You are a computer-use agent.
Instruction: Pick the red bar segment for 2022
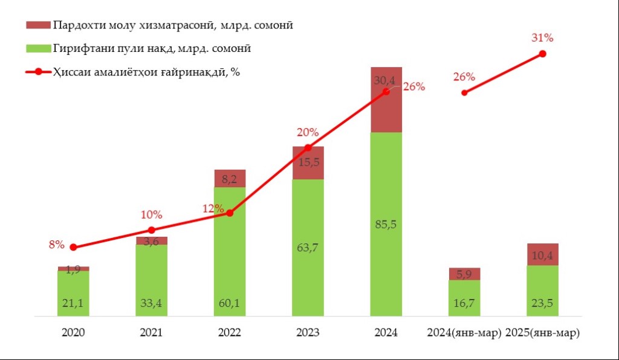(x=230, y=179)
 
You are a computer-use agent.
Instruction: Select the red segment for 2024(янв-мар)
(x=464, y=274)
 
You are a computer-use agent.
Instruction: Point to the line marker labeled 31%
(x=542, y=54)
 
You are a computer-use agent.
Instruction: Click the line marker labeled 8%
(x=74, y=247)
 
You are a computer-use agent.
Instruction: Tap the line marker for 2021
(x=152, y=230)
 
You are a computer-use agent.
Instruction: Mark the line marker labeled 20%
(x=308, y=148)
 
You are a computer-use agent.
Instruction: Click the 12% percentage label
(x=213, y=208)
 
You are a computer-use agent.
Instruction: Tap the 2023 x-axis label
(x=308, y=333)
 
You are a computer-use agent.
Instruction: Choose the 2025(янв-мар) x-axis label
(x=542, y=333)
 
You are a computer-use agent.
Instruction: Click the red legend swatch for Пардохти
(x=37, y=25)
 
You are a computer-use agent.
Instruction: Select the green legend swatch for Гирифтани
(x=37, y=48)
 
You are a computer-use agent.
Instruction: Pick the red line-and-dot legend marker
(x=37, y=72)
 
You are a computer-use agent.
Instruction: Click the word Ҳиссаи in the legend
(x=72, y=72)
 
